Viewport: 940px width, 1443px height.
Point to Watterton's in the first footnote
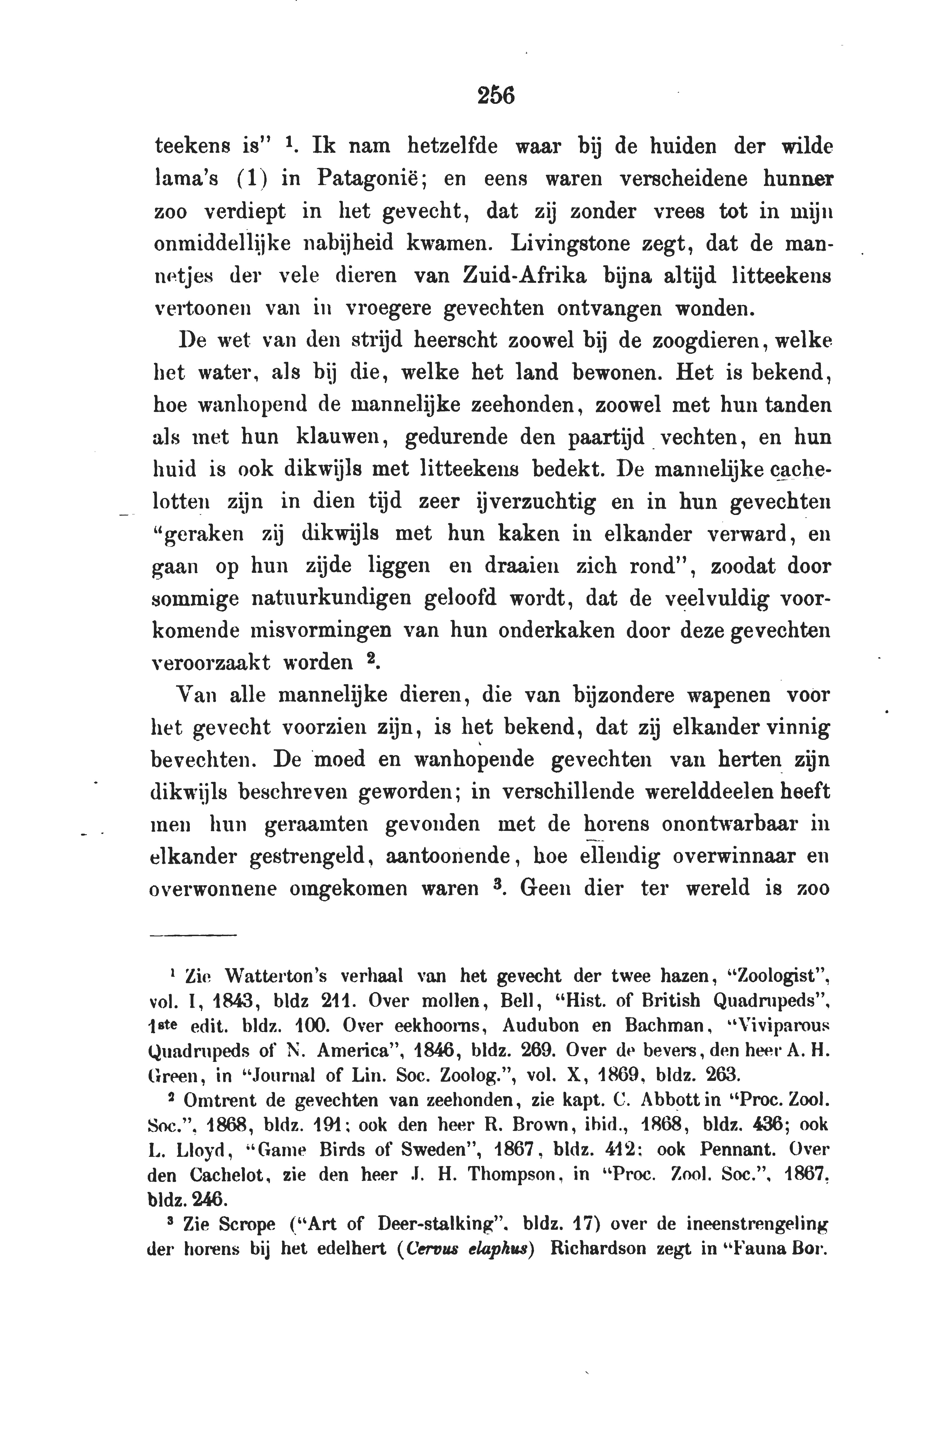[276, 976]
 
